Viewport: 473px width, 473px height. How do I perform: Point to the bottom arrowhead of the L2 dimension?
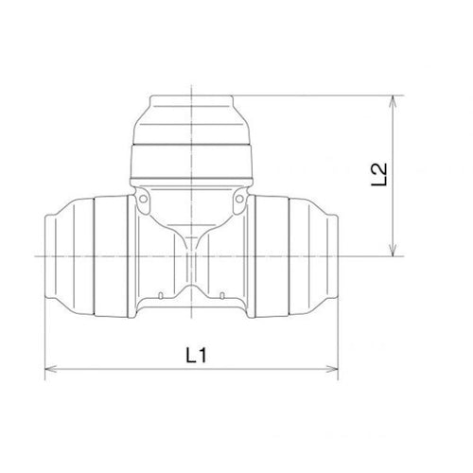coord(392,251)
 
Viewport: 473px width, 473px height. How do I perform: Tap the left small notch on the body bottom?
coord(143,309)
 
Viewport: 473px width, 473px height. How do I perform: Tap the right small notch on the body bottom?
coord(240,309)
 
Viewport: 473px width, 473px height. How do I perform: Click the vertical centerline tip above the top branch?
coord(191,85)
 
